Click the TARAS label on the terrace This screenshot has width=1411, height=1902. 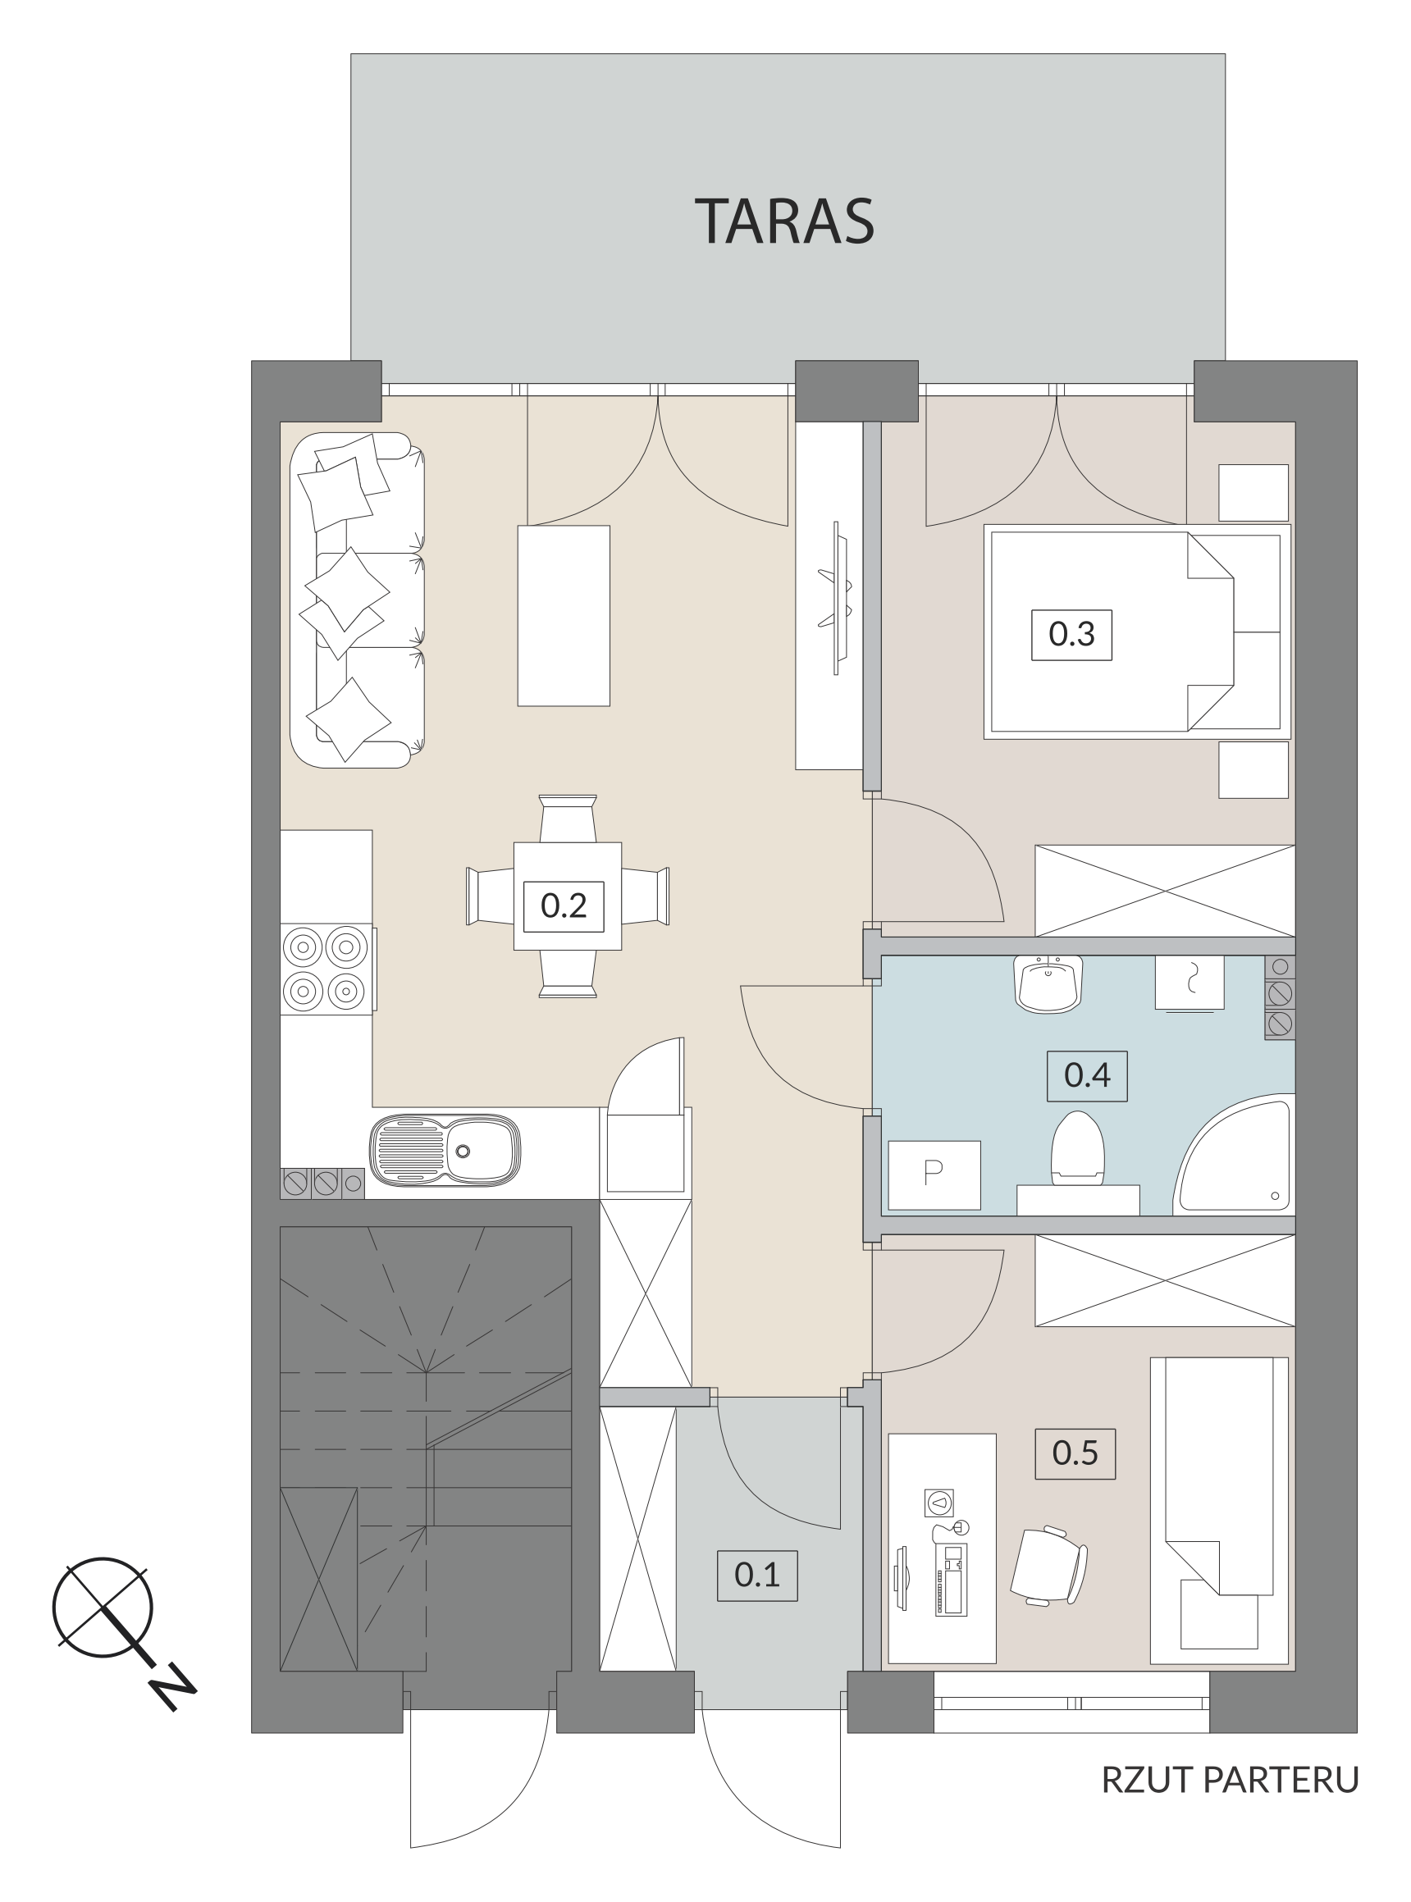[785, 221]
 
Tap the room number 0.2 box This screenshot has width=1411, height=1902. [564, 906]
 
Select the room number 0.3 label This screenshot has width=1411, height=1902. [1072, 635]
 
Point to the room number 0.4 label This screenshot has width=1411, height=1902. [1087, 1075]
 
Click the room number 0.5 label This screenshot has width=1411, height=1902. [1075, 1453]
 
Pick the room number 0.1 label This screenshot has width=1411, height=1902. [756, 1575]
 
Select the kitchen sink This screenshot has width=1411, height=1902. [445, 1151]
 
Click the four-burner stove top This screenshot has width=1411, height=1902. [327, 969]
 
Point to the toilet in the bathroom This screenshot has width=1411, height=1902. [1078, 1148]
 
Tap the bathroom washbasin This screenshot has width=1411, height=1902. [1049, 984]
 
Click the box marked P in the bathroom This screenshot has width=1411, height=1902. [934, 1174]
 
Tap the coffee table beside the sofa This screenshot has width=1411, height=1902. [564, 616]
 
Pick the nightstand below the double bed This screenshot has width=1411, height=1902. [1253, 769]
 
